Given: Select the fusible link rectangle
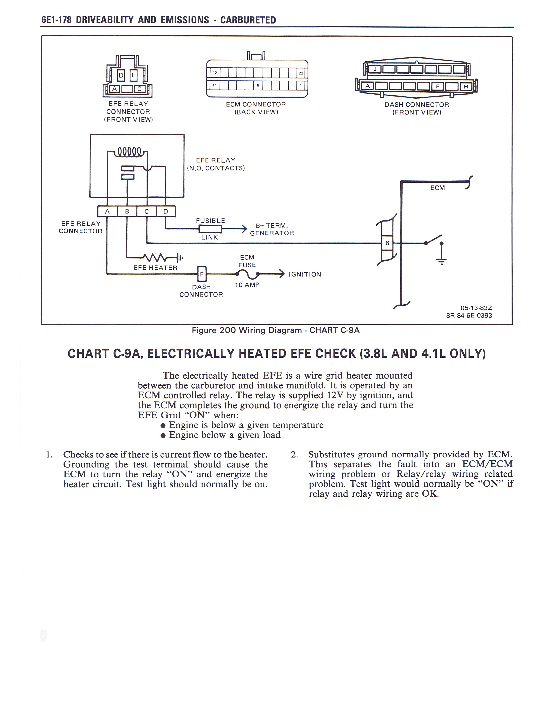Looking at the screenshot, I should point(210,229).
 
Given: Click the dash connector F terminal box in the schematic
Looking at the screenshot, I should point(202,274).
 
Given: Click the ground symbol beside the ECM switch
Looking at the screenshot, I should point(441,261).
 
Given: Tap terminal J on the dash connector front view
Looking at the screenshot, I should point(375,69).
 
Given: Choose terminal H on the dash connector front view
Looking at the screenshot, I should point(466,87).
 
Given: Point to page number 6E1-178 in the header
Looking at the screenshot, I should point(56,20).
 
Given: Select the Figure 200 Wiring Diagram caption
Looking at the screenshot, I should point(275,330).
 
